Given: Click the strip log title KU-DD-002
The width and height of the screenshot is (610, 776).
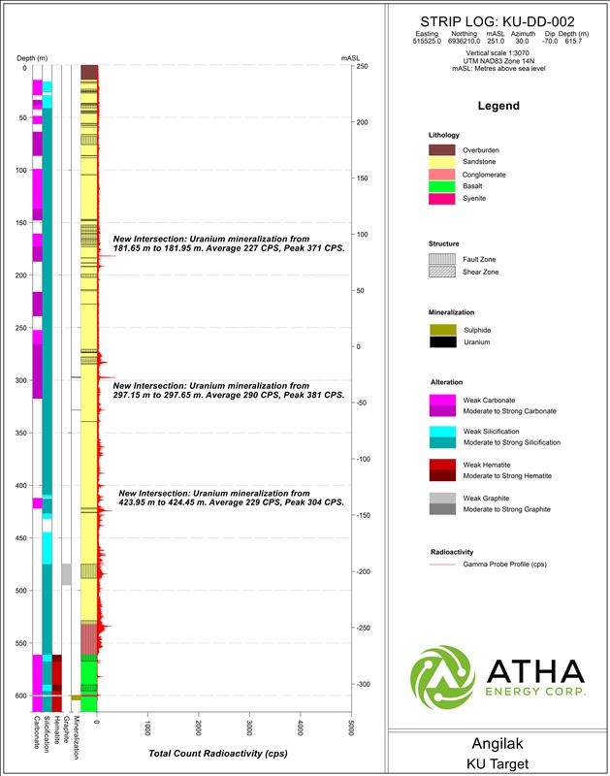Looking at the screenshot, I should pyautogui.click(x=498, y=20).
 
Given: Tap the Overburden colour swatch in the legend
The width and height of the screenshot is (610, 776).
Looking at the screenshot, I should pyautogui.click(x=442, y=149).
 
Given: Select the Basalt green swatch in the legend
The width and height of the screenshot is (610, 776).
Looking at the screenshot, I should pyautogui.click(x=442, y=186).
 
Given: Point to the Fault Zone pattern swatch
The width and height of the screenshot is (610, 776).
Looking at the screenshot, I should pyautogui.click(x=442, y=260).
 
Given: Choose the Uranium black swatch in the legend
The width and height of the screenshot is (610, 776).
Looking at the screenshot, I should pyautogui.click(x=442, y=341).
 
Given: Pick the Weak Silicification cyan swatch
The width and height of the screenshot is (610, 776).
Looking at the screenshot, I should pyautogui.click(x=442, y=430).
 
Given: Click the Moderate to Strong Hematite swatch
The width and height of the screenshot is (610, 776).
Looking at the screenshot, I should pyautogui.click(x=442, y=475).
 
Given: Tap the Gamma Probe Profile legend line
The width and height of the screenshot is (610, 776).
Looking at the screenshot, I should pyautogui.click(x=442, y=564).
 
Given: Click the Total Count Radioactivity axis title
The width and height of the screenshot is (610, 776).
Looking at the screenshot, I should pyautogui.click(x=218, y=753).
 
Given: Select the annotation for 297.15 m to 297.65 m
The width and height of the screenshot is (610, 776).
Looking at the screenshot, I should pyautogui.click(x=228, y=391).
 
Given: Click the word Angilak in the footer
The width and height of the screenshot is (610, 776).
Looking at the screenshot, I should pyautogui.click(x=498, y=745).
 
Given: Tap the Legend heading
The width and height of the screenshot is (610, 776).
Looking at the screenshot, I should pyautogui.click(x=498, y=106).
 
